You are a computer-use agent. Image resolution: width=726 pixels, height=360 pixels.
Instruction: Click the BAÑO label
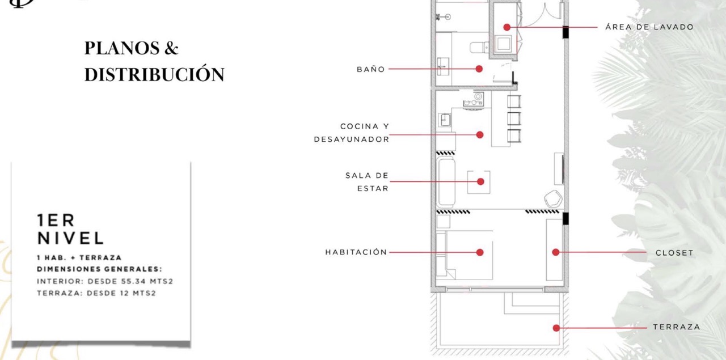pyautogui.click(x=370, y=69)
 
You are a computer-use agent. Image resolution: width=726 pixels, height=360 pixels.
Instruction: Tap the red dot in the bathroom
pyautogui.click(x=479, y=69)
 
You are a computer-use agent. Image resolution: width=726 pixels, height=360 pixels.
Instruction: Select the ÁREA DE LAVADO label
pyautogui.click(x=649, y=27)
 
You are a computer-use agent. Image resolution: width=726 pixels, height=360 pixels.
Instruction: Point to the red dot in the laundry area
pyautogui.click(x=507, y=28)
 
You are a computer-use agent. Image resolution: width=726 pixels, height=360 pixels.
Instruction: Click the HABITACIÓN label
pyautogui.click(x=356, y=252)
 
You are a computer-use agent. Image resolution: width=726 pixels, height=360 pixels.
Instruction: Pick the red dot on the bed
pyautogui.click(x=480, y=252)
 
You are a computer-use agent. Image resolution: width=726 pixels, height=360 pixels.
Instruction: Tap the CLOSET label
pyautogui.click(x=674, y=253)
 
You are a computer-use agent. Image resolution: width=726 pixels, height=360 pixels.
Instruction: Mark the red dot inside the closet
pyautogui.click(x=555, y=252)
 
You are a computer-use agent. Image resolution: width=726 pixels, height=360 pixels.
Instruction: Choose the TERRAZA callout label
pyautogui.click(x=677, y=327)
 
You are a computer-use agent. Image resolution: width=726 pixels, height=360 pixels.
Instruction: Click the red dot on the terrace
pyautogui.click(x=556, y=328)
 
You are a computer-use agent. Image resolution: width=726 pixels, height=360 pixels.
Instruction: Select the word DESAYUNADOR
pyautogui.click(x=351, y=139)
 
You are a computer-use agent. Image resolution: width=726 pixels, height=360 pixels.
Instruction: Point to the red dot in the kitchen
pyautogui.click(x=480, y=135)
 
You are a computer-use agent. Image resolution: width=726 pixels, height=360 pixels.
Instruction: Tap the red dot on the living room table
pyautogui.click(x=480, y=181)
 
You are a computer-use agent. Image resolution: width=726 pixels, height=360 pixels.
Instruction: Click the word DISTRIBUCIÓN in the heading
pyautogui.click(x=154, y=74)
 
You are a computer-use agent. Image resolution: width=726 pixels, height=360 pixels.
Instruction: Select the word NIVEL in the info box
pyautogui.click(x=70, y=238)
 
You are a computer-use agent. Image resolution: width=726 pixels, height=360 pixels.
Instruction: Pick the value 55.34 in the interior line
pyautogui.click(x=133, y=281)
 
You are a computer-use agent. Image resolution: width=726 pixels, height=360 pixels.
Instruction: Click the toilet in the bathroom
pyautogui.click(x=479, y=47)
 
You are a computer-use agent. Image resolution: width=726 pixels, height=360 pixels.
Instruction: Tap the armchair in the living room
pyautogui.click(x=553, y=198)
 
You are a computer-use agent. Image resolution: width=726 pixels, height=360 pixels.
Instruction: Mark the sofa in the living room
pyautogui.click(x=446, y=182)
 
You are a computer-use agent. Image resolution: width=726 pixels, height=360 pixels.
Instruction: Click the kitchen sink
pyautogui.click(x=445, y=120)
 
